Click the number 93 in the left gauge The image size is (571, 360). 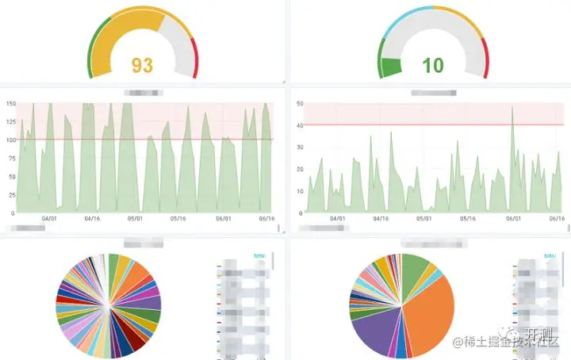[x=142, y=65]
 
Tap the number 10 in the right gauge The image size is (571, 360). [x=432, y=65]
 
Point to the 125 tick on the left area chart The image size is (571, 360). [x=10, y=121]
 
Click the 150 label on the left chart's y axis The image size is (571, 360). [x=10, y=103]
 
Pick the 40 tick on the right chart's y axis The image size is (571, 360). [x=299, y=125]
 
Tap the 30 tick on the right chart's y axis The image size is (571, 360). [x=299, y=147]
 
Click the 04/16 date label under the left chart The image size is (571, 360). [x=91, y=220]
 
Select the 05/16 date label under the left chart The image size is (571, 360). [x=179, y=220]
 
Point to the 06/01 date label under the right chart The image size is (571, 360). [x=513, y=220]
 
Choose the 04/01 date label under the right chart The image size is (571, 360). [x=338, y=220]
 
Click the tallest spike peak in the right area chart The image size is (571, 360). [x=513, y=108]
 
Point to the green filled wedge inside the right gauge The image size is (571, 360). [x=391, y=68]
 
